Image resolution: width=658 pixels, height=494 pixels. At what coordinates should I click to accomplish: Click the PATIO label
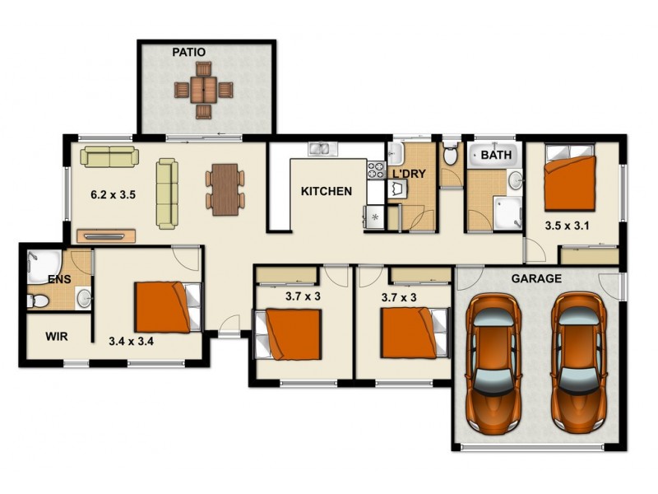tap(189, 53)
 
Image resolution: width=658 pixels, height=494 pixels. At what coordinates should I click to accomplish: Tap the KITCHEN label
tap(327, 191)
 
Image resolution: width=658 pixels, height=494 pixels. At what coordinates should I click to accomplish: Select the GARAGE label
tap(536, 279)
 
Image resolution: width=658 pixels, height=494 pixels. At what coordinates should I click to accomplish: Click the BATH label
tap(496, 155)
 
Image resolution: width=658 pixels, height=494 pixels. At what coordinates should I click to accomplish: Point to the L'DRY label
tap(408, 175)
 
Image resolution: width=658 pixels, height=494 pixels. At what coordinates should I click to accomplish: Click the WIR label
tap(57, 337)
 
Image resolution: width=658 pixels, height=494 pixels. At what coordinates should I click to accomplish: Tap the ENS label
tap(58, 280)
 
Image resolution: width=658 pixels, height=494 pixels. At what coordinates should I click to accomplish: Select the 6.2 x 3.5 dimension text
tap(113, 196)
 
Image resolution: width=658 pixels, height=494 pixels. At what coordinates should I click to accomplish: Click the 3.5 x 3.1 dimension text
tap(569, 224)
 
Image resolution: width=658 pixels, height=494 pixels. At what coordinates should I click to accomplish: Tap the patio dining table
tap(202, 89)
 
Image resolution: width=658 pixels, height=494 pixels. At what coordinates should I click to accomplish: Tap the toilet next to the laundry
tap(450, 155)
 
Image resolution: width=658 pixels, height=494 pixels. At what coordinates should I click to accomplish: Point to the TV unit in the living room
tap(106, 235)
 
